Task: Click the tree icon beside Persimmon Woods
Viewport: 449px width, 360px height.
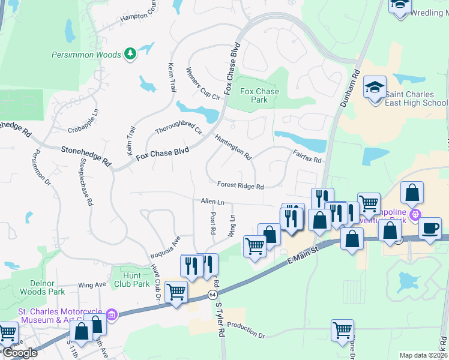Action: pos(130,55)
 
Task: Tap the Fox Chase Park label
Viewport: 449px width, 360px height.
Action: pos(259,95)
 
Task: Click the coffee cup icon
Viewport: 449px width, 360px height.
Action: pos(430,228)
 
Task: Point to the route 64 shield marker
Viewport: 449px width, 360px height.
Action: pos(212,295)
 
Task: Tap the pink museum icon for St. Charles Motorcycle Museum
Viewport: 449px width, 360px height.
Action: pos(111,314)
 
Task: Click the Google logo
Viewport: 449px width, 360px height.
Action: pos(19,353)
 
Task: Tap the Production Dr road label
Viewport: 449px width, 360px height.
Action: pos(246,333)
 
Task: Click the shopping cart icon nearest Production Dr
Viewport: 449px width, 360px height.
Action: pos(342,329)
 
